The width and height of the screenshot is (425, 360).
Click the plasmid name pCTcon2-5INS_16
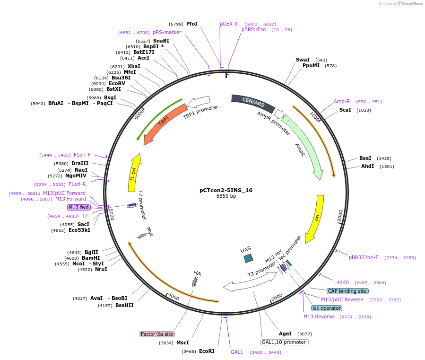tap(226, 190)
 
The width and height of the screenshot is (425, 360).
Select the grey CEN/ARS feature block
tap(253, 103)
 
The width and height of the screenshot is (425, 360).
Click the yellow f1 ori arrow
tap(134, 172)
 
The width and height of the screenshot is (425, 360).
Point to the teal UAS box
tap(248, 258)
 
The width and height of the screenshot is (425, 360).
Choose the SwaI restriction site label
tap(303, 60)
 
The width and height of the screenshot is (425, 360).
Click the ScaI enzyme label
tap(345, 110)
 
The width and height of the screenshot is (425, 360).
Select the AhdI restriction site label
tap(367, 166)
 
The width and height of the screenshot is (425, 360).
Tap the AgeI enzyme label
tap(285, 334)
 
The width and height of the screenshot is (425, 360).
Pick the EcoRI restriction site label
tap(207, 351)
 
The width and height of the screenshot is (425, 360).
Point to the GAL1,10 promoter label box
tap(284, 342)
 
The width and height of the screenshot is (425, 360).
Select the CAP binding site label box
tap(347, 291)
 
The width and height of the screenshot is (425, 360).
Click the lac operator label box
tap(326, 308)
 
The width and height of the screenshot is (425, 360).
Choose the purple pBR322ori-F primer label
tap(364, 257)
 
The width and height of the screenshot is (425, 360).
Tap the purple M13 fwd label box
tap(78, 207)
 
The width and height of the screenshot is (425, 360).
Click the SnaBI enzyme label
tap(161, 41)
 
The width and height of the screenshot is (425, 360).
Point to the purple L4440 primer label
tap(341, 282)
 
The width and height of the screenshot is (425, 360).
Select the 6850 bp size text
tap(226, 196)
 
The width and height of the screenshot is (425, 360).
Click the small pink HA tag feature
tap(195, 281)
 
